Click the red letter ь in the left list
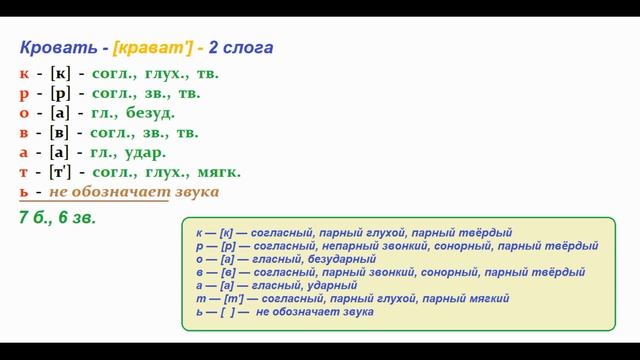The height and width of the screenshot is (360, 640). click(x=24, y=191)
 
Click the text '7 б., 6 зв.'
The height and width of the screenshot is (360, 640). click(x=57, y=217)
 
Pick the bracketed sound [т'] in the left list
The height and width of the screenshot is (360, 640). click(x=62, y=172)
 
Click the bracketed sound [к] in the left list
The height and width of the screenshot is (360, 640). click(x=60, y=73)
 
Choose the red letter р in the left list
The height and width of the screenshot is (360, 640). click(x=24, y=93)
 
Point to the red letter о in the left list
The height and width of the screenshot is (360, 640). click(x=24, y=113)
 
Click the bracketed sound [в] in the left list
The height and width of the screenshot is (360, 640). click(x=61, y=132)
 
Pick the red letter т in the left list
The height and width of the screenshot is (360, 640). click(x=24, y=172)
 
